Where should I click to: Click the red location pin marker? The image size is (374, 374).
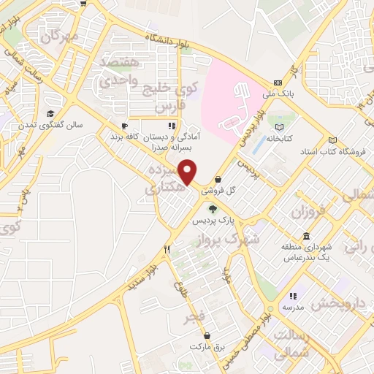[188, 172]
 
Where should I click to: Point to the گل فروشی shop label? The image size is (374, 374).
[222, 189]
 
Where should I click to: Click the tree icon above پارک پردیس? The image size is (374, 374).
[213, 209]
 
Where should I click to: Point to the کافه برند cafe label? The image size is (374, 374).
[124, 137]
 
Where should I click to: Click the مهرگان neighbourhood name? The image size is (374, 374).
[60, 35]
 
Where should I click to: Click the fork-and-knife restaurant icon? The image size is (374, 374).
[167, 250]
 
